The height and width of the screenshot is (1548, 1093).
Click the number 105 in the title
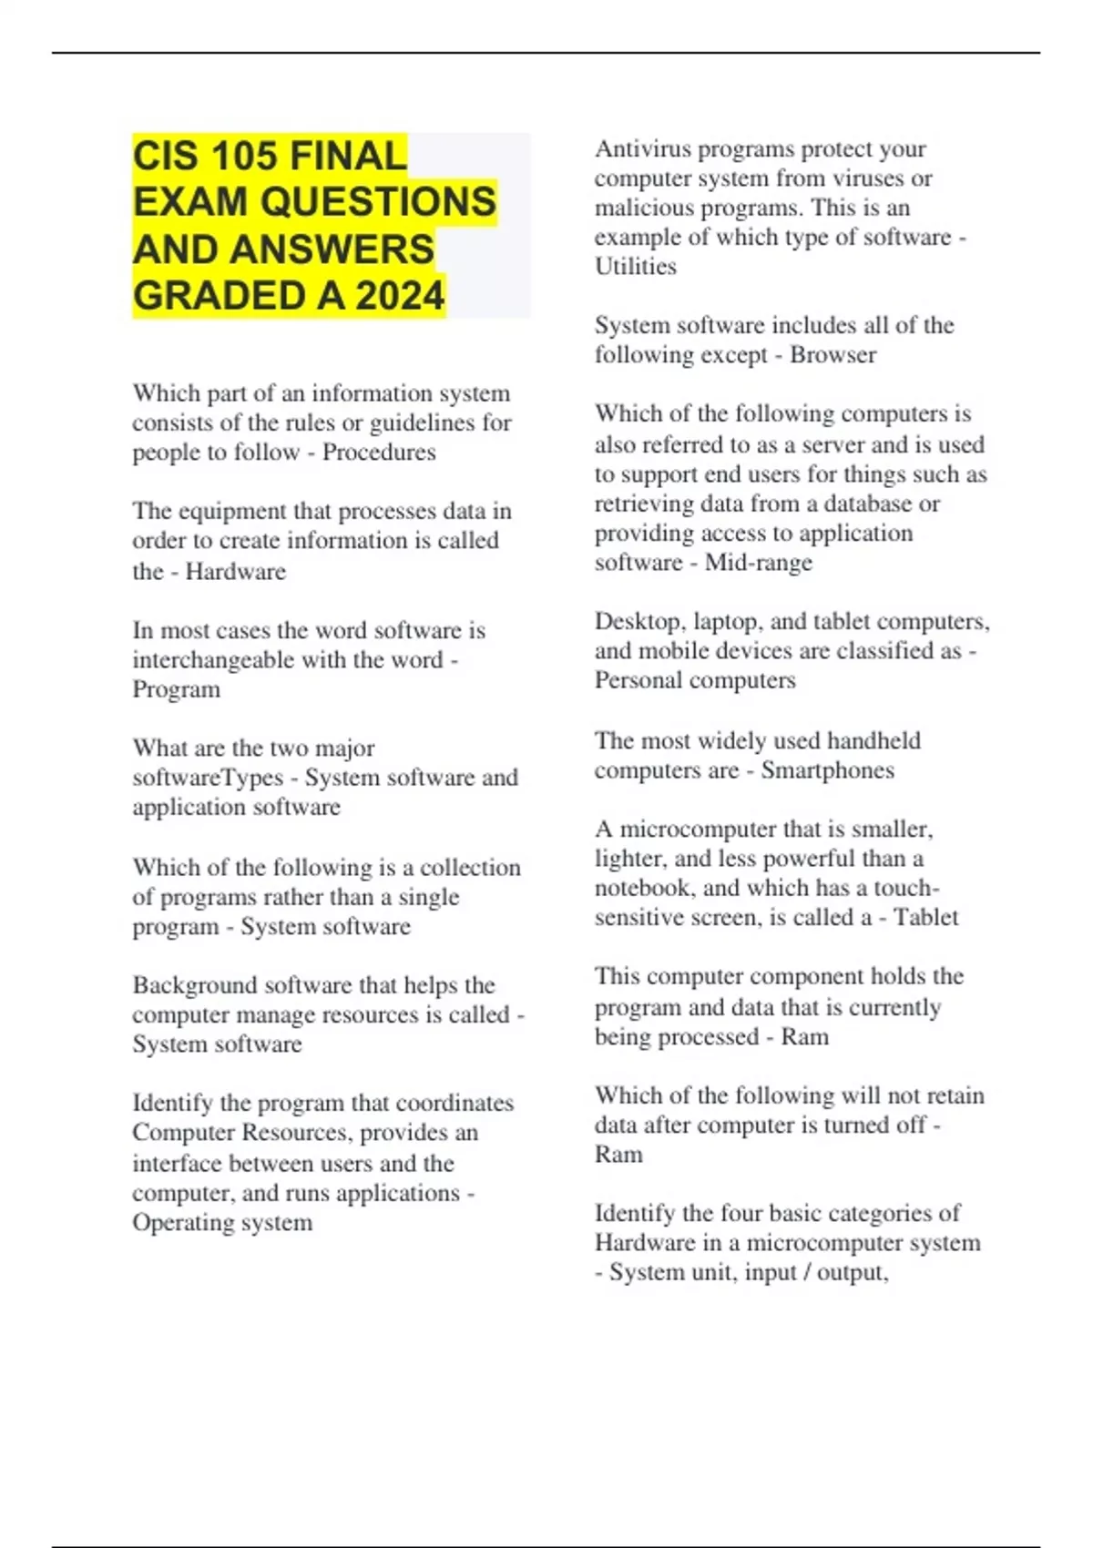[x=243, y=156]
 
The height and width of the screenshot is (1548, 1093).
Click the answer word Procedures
[x=379, y=452]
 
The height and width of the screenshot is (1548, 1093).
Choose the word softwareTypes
[x=208, y=778]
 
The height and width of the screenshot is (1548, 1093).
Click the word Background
[x=196, y=985]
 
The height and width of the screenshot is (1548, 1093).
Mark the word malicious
[x=648, y=208]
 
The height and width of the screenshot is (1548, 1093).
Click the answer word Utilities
[x=636, y=267]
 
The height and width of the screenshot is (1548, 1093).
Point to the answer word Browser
[x=833, y=355]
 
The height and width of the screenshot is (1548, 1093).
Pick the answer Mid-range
[x=759, y=563]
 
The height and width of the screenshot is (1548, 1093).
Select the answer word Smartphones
[x=827, y=770]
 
